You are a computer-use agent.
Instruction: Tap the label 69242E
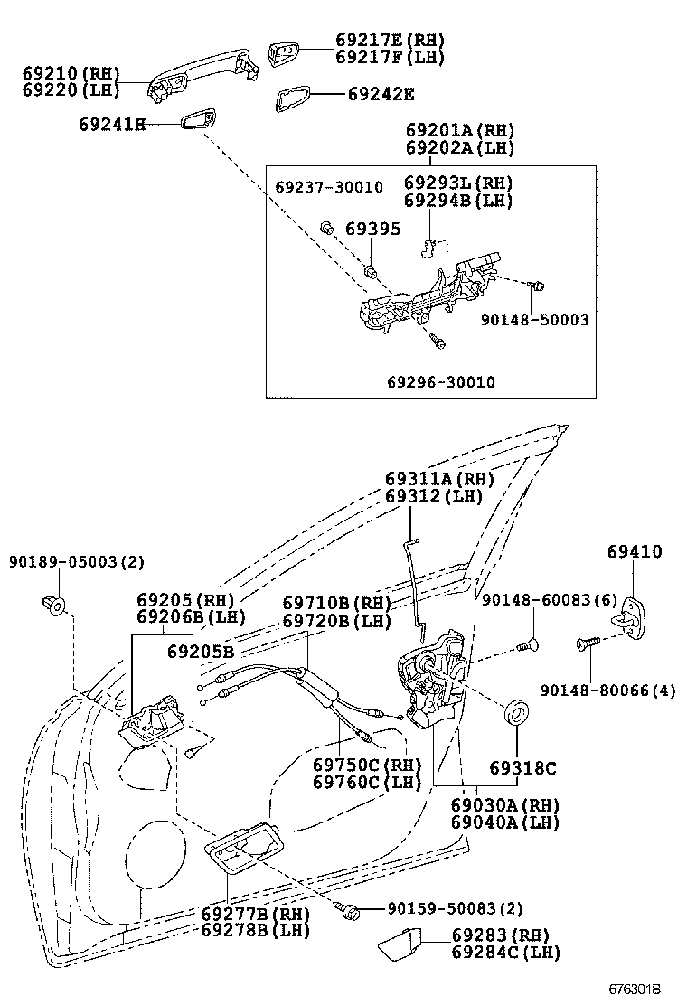(381, 94)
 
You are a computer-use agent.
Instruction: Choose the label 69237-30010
(329, 187)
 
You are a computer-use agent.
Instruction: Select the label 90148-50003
(534, 319)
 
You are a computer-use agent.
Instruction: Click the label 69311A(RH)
(438, 479)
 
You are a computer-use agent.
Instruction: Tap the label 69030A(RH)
(504, 805)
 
